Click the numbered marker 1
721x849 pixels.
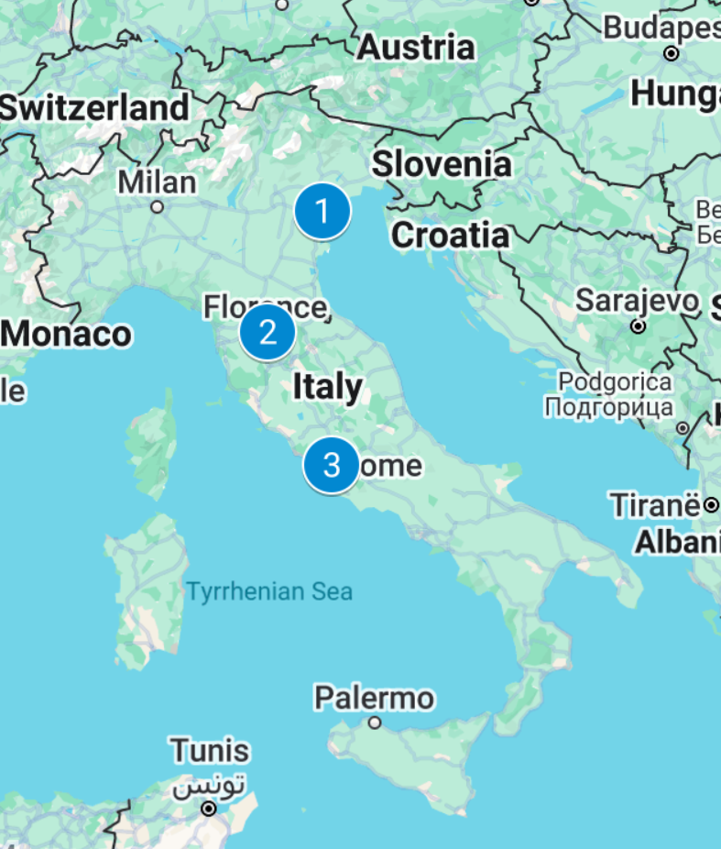[x=322, y=212]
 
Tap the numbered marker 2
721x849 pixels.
[x=268, y=332]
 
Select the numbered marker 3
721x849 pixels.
[x=332, y=466]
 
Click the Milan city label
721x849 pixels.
[x=157, y=182]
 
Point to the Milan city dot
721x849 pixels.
[x=158, y=207]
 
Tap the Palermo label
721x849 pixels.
[x=374, y=698]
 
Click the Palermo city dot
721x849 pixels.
[x=375, y=722]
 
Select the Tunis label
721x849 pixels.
[x=209, y=751]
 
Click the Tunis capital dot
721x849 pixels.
[x=209, y=809]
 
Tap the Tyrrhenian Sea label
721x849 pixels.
[x=269, y=591]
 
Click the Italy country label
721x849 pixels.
[x=327, y=387]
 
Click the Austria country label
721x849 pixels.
[x=416, y=47]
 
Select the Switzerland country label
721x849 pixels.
[x=94, y=107]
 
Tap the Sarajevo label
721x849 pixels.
[x=637, y=300]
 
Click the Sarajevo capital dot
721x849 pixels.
[x=639, y=325]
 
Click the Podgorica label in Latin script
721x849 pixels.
[x=615, y=381]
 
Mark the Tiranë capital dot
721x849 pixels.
[x=711, y=504]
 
